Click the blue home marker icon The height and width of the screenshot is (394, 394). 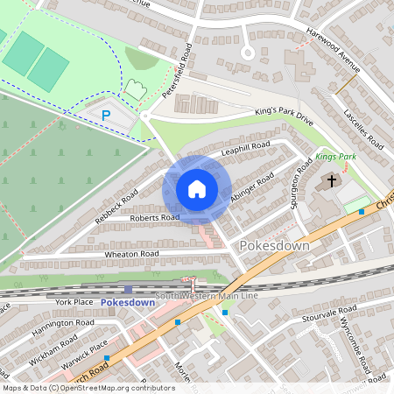[x=197, y=189]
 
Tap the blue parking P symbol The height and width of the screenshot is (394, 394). [x=107, y=115]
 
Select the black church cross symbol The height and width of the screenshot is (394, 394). [x=331, y=181]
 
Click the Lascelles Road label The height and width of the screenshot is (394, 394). [x=363, y=127]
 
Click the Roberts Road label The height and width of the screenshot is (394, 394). [x=154, y=217]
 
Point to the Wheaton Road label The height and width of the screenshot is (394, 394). [x=131, y=254]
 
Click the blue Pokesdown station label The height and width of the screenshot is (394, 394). [x=128, y=302]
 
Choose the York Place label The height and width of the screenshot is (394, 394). [x=74, y=301]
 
